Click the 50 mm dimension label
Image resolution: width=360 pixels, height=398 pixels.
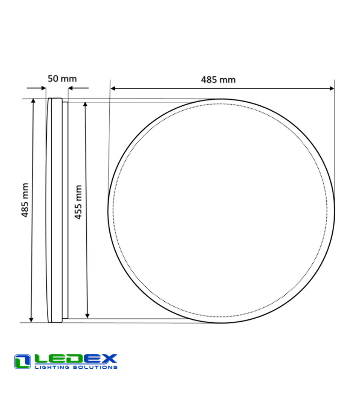[x=62, y=78]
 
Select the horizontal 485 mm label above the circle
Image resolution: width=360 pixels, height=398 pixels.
[x=218, y=80]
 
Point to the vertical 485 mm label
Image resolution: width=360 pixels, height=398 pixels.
[x=25, y=200]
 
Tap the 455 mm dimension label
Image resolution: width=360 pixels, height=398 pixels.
[x=78, y=202]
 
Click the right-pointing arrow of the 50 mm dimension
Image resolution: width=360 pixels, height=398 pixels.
[x=43, y=88]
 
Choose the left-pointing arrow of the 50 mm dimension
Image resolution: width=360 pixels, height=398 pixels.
[x=71, y=88]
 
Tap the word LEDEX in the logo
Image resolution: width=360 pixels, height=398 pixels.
[x=76, y=359]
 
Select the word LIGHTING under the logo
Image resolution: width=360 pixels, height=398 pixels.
[x=51, y=367]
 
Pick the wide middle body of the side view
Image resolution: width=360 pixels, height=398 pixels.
[x=56, y=210]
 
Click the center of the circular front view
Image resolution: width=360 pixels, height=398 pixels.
[x=221, y=211]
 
